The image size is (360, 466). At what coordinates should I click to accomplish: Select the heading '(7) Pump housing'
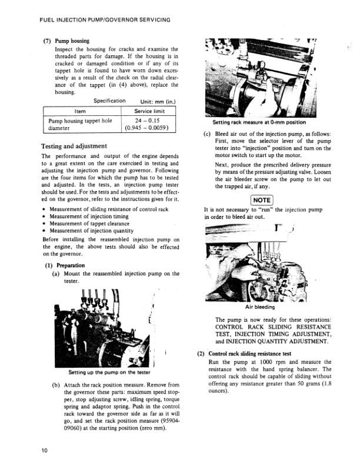click(x=67, y=41)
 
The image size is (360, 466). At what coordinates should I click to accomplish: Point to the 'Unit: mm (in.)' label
click(x=152, y=101)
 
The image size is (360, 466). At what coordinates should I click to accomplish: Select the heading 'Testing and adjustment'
click(x=74, y=146)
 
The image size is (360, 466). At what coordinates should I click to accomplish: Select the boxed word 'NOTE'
click(x=260, y=200)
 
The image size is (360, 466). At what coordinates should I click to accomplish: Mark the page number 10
click(x=44, y=451)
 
